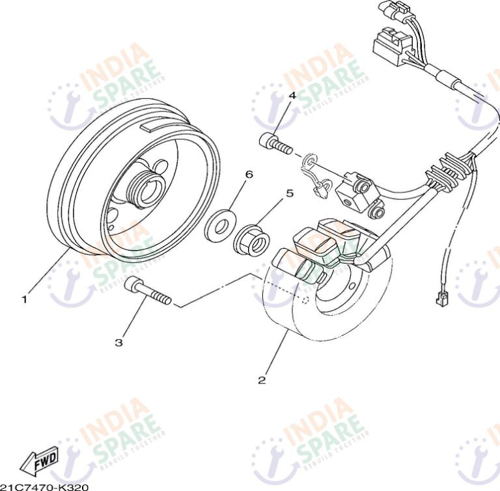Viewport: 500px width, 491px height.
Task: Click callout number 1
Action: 24,300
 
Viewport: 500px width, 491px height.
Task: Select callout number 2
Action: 261,380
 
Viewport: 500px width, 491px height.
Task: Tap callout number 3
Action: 118,341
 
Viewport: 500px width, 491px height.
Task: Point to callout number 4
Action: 292,95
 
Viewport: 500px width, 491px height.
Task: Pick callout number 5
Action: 290,193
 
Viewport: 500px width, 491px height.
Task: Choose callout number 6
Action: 249,175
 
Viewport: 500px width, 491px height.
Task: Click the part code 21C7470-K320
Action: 44,486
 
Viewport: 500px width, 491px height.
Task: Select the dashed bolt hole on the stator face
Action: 305,300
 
